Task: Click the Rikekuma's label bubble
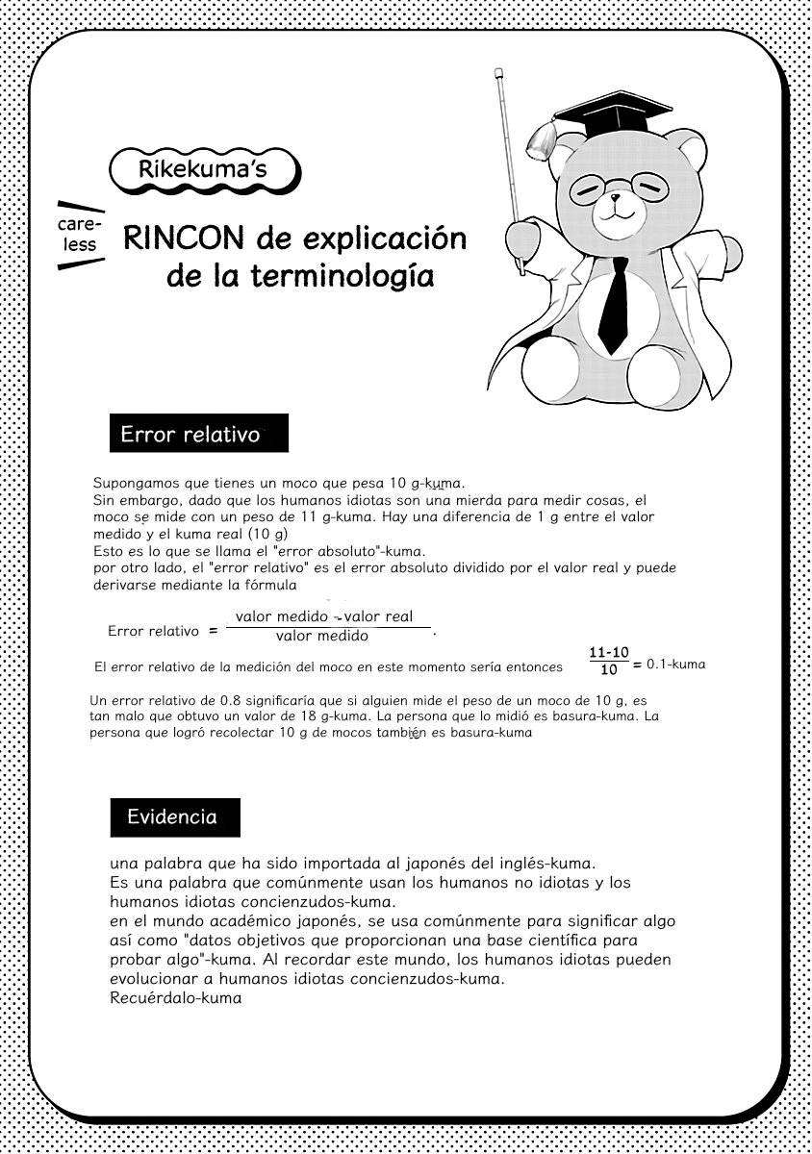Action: [202, 170]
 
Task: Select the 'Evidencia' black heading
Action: [172, 817]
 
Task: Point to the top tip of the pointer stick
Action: [499, 71]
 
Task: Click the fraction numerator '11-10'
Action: [608, 653]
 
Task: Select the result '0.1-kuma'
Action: [675, 664]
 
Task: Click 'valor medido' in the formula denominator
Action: [321, 636]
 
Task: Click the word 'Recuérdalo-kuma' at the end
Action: [175, 998]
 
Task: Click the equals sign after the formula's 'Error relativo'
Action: [212, 632]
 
